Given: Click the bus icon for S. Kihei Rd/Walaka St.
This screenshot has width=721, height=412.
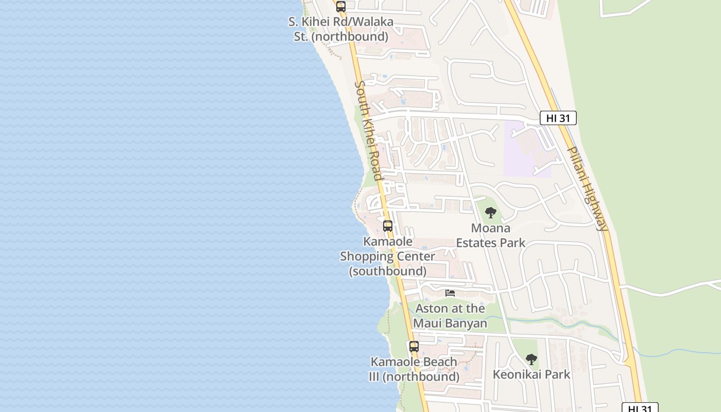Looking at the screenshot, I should coord(340,7).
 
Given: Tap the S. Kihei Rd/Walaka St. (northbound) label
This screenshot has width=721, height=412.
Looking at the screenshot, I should coord(340,29).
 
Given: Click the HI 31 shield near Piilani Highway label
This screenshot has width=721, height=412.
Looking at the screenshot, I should coord(558,118).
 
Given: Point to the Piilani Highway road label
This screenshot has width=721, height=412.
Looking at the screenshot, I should coord(587,188).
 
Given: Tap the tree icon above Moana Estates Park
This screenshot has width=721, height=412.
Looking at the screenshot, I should coord(491,212).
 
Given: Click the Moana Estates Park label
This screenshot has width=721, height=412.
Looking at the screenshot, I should coord(491,235).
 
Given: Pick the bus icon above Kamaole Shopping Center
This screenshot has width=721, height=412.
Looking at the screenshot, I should coord(388,226).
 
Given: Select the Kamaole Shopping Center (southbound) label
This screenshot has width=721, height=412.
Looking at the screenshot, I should coord(388,256).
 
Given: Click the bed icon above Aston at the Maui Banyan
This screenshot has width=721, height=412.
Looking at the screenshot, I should coord(450,293).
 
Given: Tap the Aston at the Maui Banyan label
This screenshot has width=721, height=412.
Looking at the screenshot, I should coord(450,316).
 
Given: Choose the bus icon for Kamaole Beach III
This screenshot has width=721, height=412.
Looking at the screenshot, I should coord(414,347).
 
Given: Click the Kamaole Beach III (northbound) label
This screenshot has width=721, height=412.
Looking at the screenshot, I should coord(414,369).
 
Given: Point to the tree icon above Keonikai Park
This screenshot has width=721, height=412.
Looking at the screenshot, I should coord(531,359).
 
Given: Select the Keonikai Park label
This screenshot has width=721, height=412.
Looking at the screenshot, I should coord(531,374).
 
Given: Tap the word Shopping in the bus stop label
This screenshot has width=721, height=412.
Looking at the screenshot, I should coord(387,256).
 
